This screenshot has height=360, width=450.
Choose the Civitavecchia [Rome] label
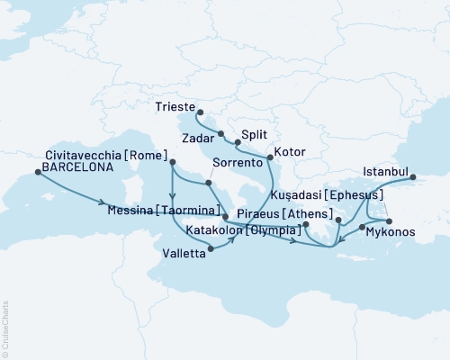pyautogui.click(x=99, y=155)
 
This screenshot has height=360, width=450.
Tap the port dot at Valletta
pyautogui.click(x=211, y=254)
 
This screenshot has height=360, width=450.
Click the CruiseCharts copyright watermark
pyautogui.click(x=5, y=328)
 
